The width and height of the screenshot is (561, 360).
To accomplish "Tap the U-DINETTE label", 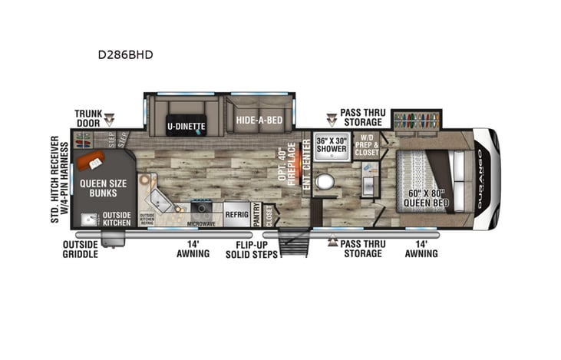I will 186,123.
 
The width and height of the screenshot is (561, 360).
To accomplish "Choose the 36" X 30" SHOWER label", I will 332,144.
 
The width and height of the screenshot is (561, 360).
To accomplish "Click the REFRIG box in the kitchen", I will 237,214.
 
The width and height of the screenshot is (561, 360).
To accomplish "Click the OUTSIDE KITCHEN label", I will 118,218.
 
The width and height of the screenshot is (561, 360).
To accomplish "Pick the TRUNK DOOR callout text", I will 88,117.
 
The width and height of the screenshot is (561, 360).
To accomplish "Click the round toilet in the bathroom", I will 325,181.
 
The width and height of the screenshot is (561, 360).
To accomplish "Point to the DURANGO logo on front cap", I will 482,180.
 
